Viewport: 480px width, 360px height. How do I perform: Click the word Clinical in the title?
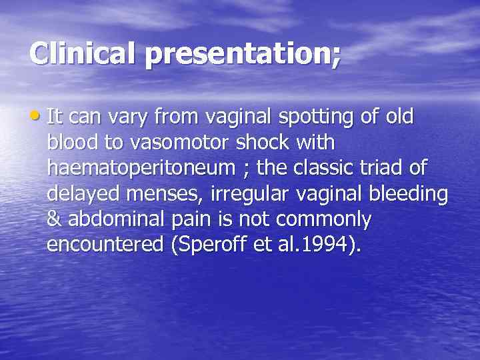click(83, 54)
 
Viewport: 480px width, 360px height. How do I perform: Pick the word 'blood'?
click(72, 143)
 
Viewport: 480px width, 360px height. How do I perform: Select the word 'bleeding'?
click(412, 195)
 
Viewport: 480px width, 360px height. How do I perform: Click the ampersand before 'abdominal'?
click(53, 220)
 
